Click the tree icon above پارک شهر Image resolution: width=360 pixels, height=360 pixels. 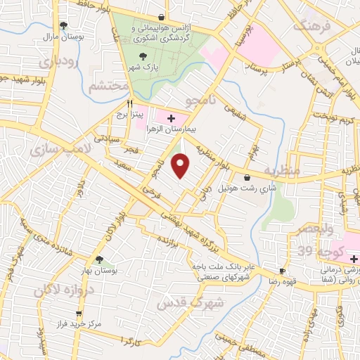[144, 56]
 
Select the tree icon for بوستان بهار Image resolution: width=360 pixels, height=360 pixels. [99, 260]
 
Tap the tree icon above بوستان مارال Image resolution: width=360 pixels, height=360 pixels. [65, 25]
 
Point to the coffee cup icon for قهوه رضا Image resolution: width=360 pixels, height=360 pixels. [283, 271]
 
